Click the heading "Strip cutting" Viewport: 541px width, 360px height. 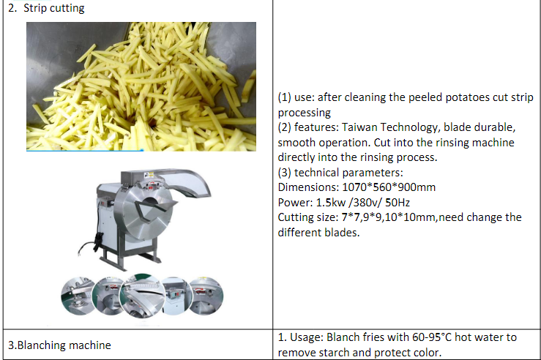point(54,8)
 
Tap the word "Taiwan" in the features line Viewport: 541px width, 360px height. point(359,127)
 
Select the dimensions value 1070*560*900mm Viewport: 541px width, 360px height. point(389,187)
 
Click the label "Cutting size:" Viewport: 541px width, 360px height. point(308,217)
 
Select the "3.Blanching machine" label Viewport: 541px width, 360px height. point(59,345)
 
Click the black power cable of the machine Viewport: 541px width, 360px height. point(91,245)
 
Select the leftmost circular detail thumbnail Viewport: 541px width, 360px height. point(78,296)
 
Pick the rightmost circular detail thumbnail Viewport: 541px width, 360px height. point(206,296)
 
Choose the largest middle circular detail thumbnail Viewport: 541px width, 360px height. point(142,296)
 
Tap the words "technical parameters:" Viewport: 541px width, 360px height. point(348,173)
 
